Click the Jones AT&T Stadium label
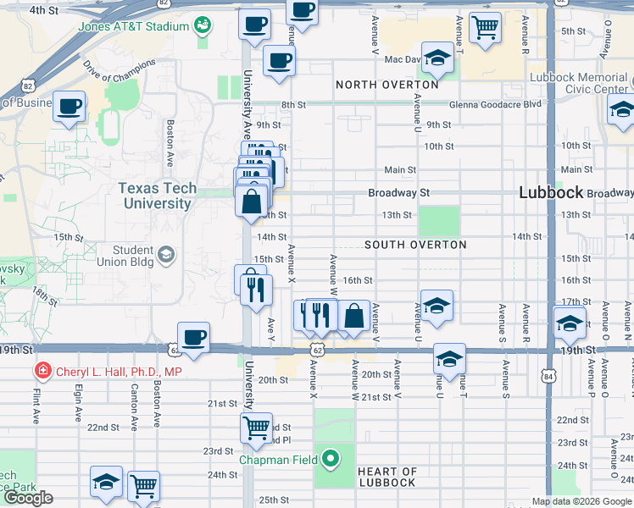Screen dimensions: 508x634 pos(133,26)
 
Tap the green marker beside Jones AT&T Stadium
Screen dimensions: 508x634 pos(202,26)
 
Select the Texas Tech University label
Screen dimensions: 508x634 pos(158,196)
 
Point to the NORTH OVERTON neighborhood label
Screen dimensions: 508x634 pos(387,85)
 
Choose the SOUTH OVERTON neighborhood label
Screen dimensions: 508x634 pos(415,245)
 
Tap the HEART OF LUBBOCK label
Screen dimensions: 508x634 pos(387,477)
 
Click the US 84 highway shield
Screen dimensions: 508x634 pos(551,375)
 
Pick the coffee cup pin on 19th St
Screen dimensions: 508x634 pos(194,337)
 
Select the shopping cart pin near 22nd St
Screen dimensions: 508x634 pos(256,428)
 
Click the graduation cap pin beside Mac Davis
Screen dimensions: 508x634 pos(437,58)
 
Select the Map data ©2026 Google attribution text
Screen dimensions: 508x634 pos(581,501)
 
